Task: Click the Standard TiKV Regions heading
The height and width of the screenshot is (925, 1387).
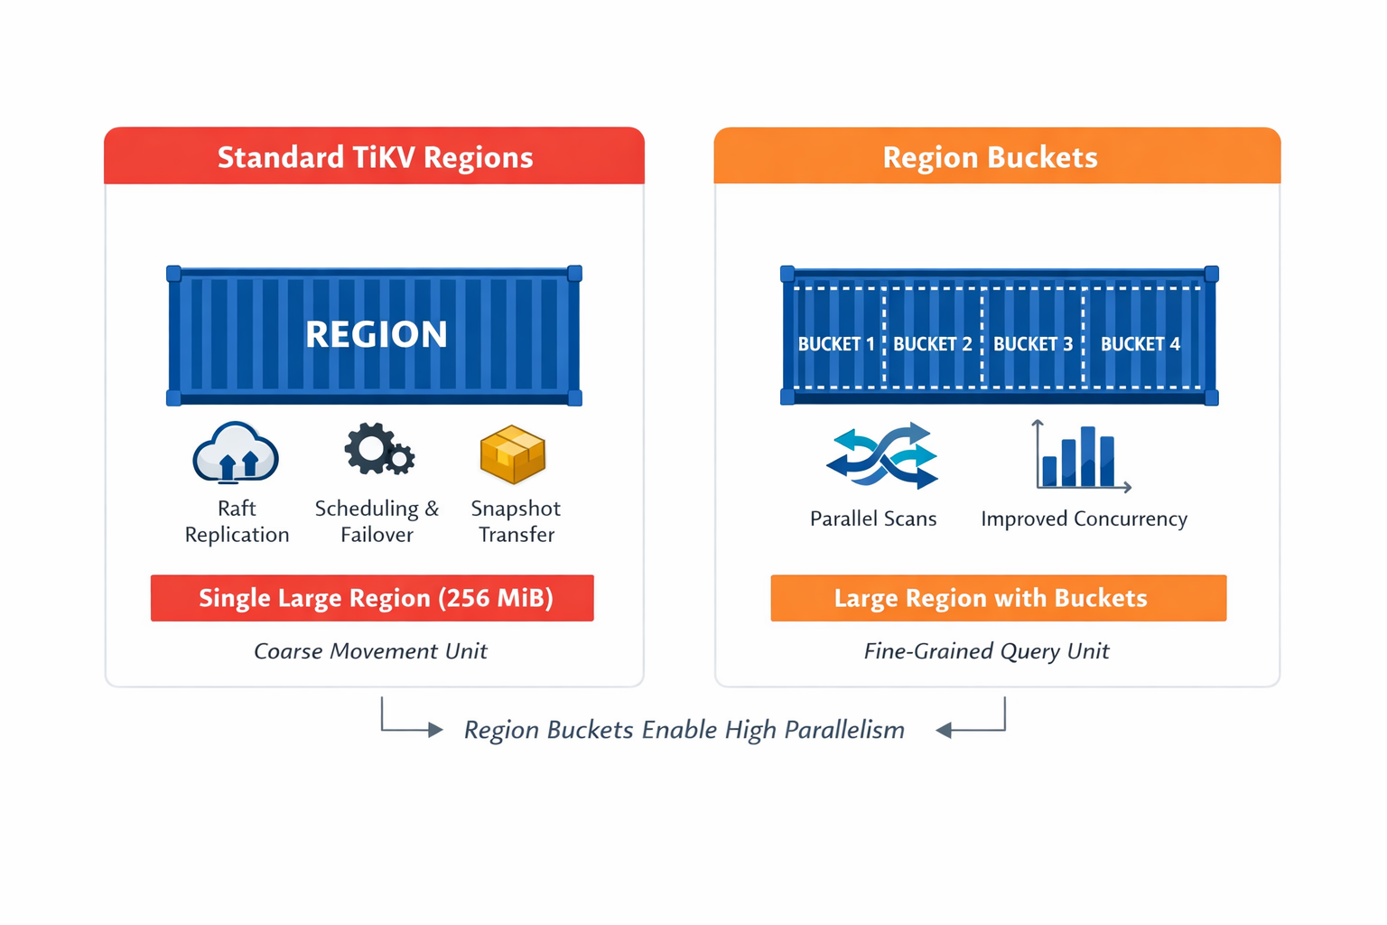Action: click(x=375, y=157)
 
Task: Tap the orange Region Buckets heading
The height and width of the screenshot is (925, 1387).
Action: click(x=990, y=157)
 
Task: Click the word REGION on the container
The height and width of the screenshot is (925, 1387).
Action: click(x=376, y=334)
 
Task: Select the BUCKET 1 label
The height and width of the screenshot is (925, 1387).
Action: click(x=836, y=344)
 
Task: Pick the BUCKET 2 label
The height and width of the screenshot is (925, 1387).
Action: click(x=933, y=344)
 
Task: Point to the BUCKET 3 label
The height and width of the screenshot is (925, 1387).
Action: click(x=1033, y=344)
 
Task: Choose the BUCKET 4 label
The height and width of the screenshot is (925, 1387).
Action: click(x=1140, y=344)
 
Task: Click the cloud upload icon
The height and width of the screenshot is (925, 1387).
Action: click(x=236, y=453)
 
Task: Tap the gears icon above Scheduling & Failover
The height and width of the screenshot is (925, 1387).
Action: click(x=378, y=449)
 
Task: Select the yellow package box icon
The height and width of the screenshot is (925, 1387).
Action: click(x=513, y=453)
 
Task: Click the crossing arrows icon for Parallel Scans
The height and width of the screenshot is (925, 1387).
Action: click(x=881, y=456)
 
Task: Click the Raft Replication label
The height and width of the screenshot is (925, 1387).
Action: click(x=237, y=521)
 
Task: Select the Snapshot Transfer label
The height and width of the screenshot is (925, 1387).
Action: click(x=516, y=521)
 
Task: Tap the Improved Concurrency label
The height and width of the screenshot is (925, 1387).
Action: click(x=1084, y=519)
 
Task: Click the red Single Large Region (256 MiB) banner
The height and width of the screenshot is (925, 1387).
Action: click(x=372, y=598)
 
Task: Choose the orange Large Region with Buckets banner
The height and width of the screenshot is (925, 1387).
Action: click(x=998, y=598)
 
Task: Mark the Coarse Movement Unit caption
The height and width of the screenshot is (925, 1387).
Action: click(x=370, y=651)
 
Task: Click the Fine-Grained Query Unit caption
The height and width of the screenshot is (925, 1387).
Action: click(x=986, y=651)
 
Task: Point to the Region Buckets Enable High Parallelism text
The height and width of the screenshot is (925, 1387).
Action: click(x=684, y=730)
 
